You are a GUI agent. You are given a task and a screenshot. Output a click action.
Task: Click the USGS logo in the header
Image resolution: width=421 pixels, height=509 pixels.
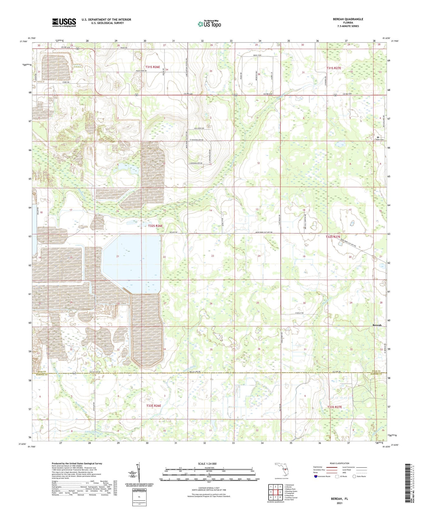[x=64, y=22]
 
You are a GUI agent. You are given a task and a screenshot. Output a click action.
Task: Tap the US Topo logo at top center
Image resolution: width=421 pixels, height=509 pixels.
[x=209, y=24]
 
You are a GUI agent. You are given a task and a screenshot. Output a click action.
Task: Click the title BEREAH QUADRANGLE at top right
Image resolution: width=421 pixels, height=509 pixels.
[x=348, y=19]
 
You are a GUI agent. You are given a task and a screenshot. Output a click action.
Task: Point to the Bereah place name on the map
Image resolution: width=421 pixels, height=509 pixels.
[x=377, y=325]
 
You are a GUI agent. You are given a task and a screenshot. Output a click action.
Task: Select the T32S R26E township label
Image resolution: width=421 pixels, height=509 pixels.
[x=155, y=226]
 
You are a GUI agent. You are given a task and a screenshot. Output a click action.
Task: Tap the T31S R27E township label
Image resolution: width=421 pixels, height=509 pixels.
[x=334, y=68]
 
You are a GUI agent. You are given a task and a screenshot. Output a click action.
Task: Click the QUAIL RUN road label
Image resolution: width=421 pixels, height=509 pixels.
[x=257, y=55]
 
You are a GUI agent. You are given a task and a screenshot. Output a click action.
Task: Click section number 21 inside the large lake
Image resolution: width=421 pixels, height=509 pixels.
[x=118, y=256]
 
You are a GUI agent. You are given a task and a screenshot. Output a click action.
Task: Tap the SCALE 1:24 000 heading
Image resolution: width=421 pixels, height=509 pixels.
[x=209, y=464]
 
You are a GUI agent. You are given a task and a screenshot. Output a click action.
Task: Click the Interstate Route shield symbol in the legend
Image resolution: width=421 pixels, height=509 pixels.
[x=316, y=476]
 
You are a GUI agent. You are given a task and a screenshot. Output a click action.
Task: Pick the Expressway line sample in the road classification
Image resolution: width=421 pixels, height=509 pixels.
[x=331, y=467]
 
